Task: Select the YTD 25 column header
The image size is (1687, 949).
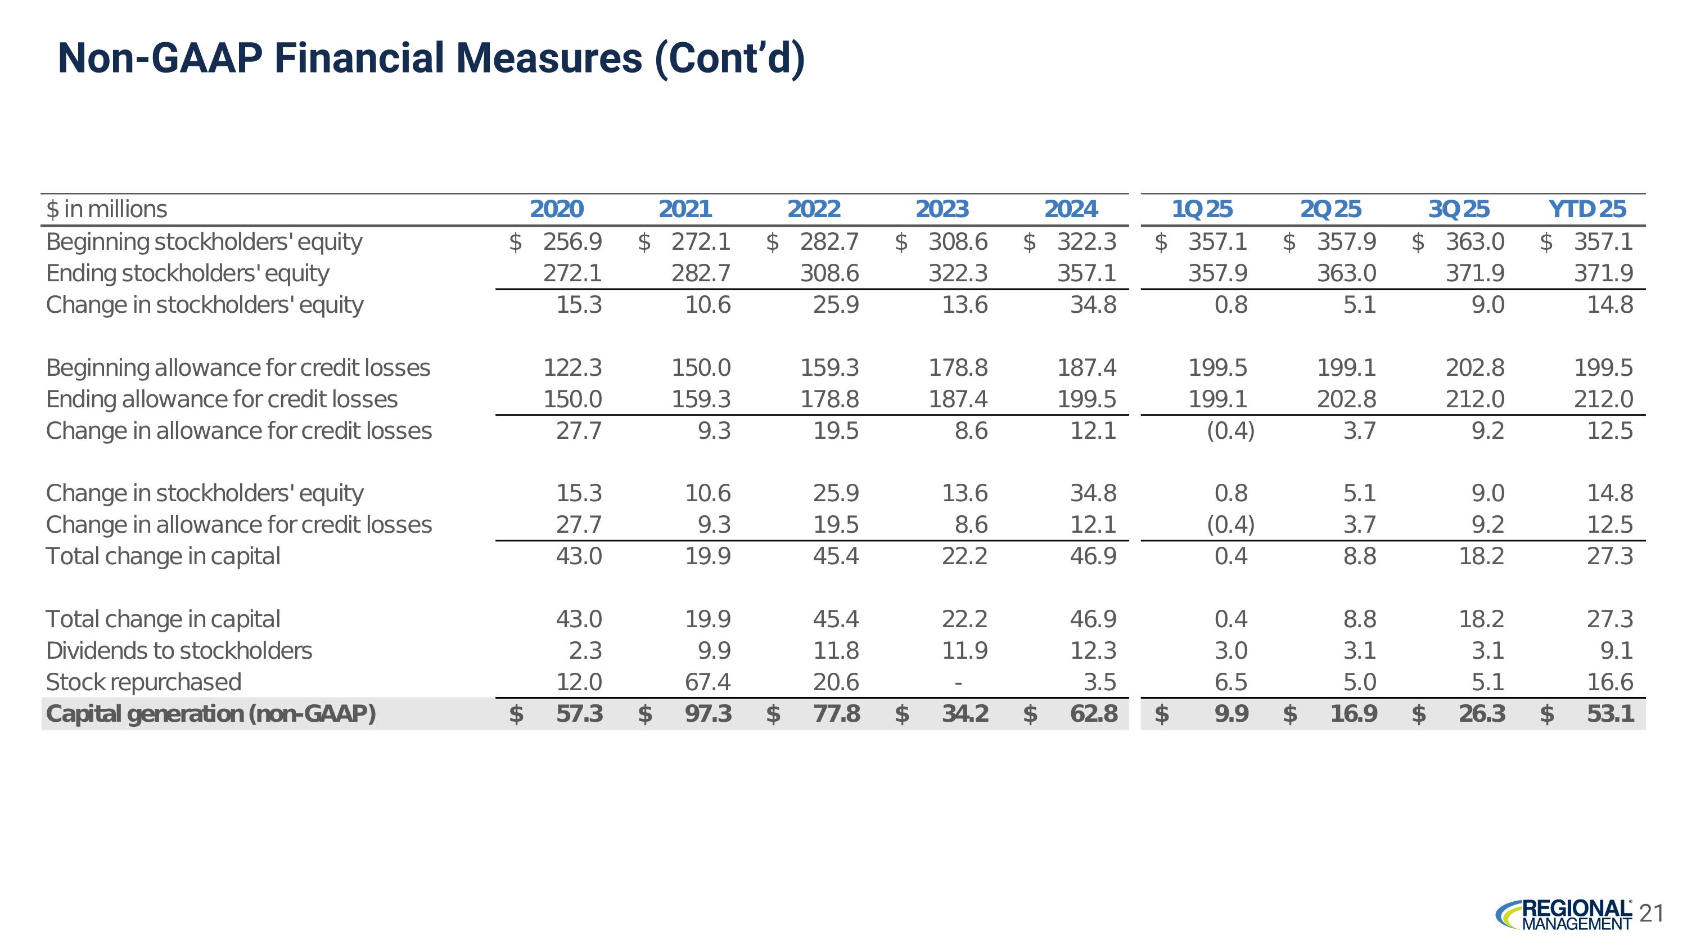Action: (1587, 209)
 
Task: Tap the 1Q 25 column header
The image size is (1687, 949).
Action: (1202, 209)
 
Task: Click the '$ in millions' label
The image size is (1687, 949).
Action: (107, 209)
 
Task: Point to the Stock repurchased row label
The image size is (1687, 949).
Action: (143, 682)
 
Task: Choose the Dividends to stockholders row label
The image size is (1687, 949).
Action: (179, 650)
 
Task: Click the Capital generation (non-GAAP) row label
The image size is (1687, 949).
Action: (211, 713)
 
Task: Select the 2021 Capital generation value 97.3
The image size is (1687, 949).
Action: (708, 713)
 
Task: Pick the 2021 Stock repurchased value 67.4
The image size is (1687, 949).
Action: (708, 682)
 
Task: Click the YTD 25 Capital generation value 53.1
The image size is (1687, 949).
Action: (1611, 713)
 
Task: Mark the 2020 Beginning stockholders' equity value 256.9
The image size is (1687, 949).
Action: (572, 242)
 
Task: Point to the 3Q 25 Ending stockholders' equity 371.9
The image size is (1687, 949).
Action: (1475, 273)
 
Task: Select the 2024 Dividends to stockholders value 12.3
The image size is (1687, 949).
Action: (1093, 650)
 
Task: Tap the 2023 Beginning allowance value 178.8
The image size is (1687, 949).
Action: (958, 367)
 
